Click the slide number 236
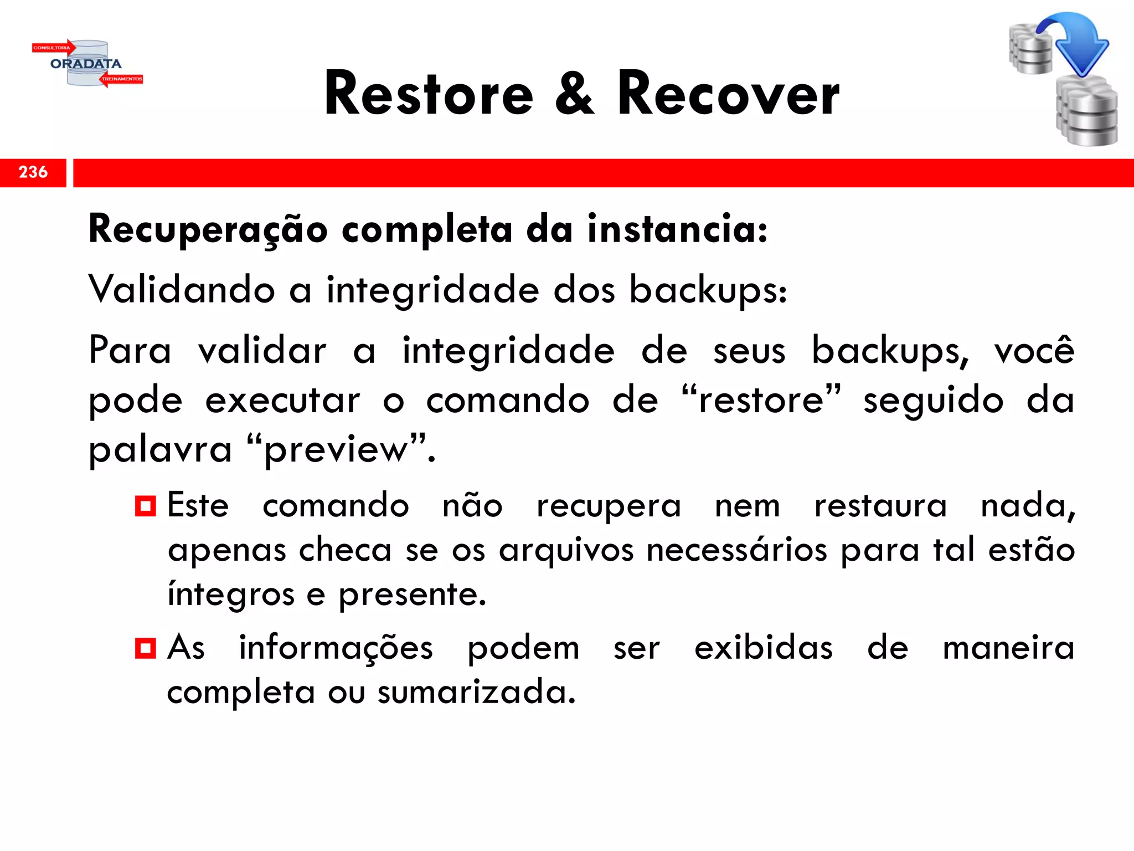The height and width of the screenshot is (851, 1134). (33, 172)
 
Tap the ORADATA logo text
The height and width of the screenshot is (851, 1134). (86, 64)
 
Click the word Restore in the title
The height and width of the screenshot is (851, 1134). (429, 94)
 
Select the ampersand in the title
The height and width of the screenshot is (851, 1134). (575, 94)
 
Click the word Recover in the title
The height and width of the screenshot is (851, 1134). (728, 94)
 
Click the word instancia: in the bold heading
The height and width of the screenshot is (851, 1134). (677, 229)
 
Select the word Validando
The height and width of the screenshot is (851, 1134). (182, 290)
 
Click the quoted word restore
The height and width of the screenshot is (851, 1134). (761, 400)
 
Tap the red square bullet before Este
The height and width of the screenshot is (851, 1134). (145, 506)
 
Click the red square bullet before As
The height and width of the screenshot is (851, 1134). (145, 648)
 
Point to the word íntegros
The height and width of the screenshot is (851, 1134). (231, 595)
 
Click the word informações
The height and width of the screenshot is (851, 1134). (336, 647)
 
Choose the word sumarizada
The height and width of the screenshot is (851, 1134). (476, 692)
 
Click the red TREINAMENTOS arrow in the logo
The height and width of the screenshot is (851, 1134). (122, 79)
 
